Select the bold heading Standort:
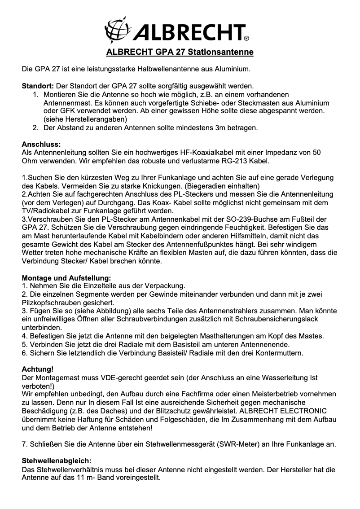38,86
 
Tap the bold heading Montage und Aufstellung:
66,278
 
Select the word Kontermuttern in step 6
281,353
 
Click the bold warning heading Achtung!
38,369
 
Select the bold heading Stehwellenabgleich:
57,461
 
